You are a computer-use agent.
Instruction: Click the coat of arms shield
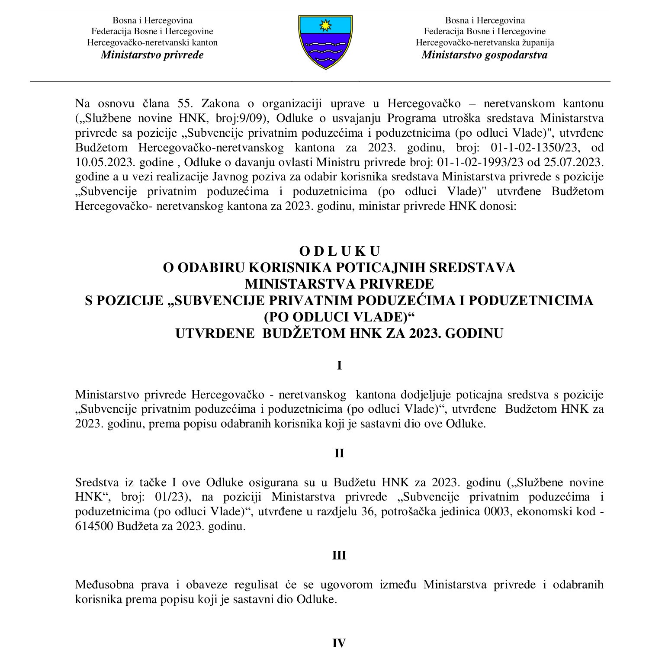(x=325, y=42)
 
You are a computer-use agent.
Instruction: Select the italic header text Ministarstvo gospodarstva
(x=484, y=55)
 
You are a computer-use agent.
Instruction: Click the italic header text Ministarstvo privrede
(x=152, y=55)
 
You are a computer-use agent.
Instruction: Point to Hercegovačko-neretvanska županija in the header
(x=485, y=42)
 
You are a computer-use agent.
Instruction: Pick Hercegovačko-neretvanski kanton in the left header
(x=152, y=42)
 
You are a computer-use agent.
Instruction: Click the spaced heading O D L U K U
(x=339, y=251)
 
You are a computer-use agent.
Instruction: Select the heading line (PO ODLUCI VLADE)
(x=339, y=317)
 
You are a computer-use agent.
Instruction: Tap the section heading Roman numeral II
(x=339, y=453)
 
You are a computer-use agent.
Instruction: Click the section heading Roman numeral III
(x=339, y=556)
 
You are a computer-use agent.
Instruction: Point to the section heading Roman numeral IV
(x=339, y=643)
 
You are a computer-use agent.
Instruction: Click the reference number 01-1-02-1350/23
(x=534, y=148)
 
